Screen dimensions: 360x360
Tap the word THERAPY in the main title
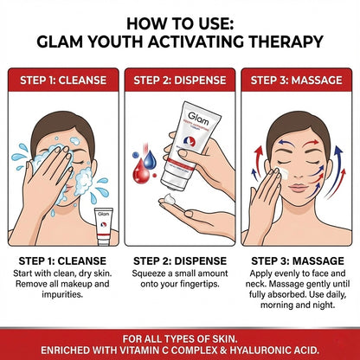coord(281,40)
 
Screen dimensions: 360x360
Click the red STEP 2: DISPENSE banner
coord(179,80)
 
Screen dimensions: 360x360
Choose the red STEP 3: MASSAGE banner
coord(298,80)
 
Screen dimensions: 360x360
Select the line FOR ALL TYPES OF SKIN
coord(180,334)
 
